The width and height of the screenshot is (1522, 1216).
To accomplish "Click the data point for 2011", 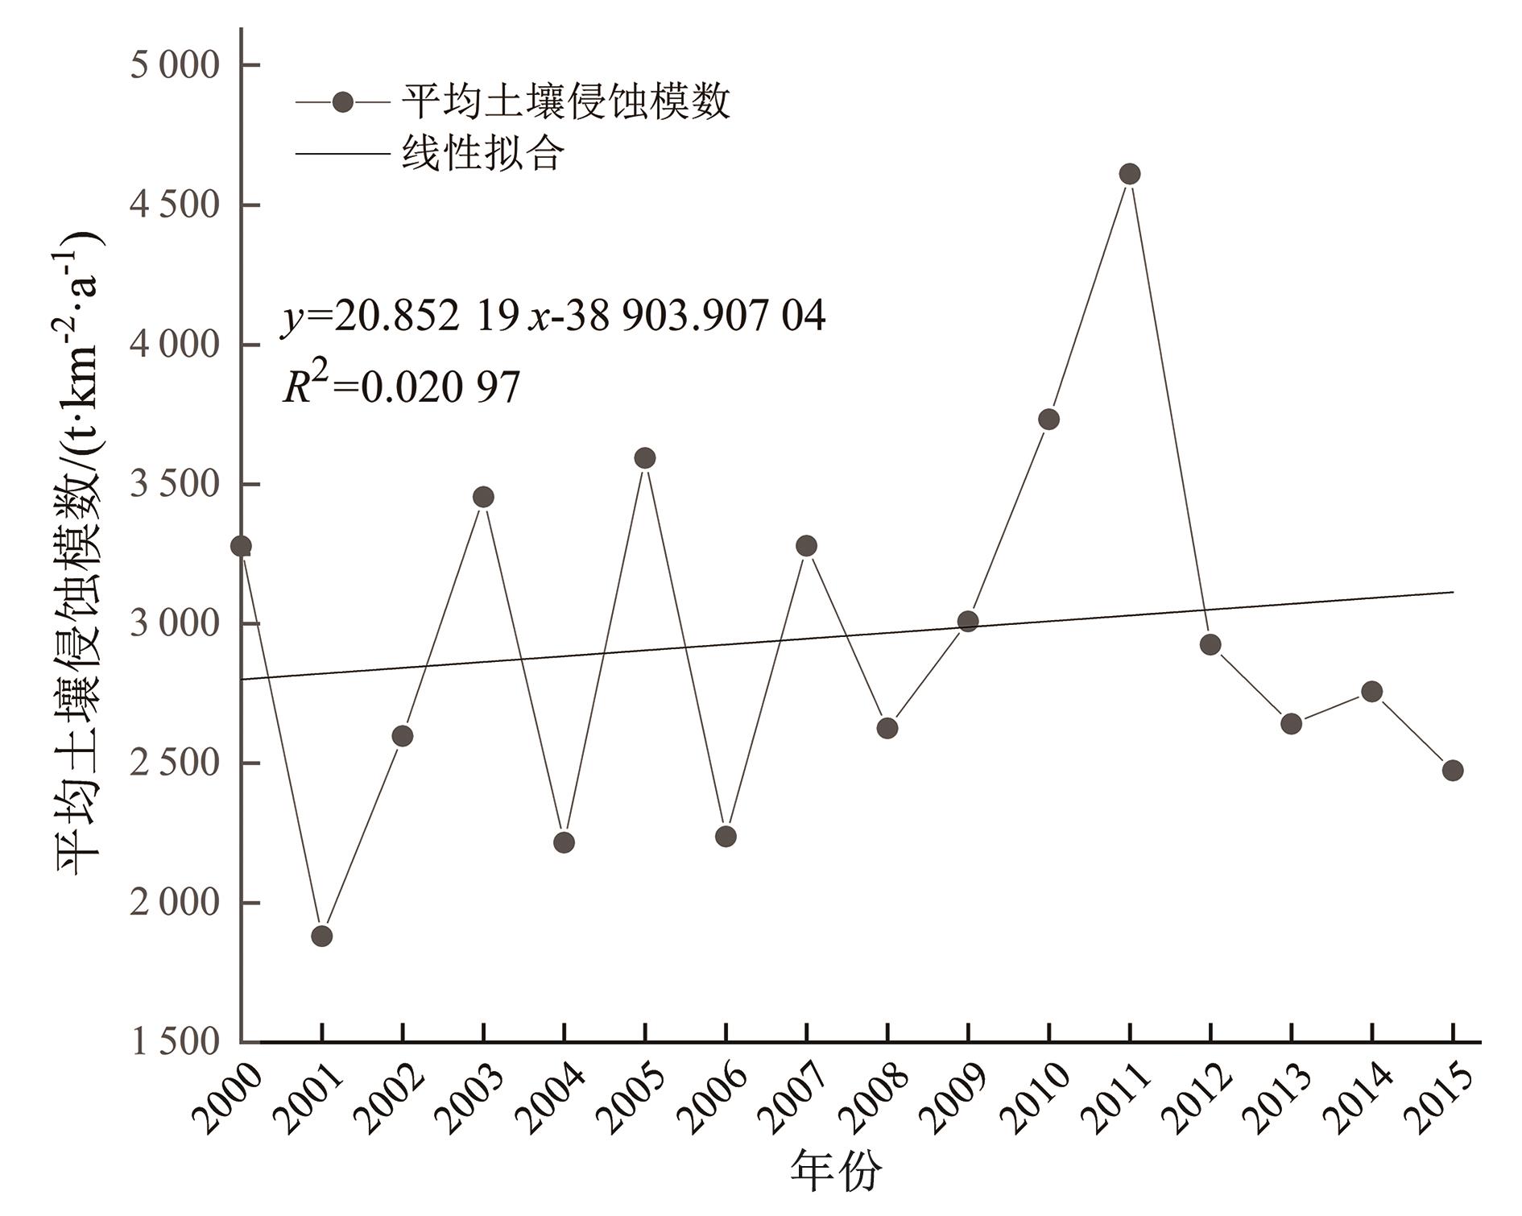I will pyautogui.click(x=1130, y=174).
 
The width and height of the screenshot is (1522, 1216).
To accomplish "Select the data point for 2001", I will pyautogui.click(x=321, y=936).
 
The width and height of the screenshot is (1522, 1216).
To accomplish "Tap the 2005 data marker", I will pyautogui.click(x=645, y=458).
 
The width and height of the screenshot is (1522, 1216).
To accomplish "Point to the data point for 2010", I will pyautogui.click(x=1048, y=420).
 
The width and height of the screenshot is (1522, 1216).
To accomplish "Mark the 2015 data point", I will pyautogui.click(x=1453, y=771).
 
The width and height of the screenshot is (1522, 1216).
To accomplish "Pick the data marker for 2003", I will pyautogui.click(x=483, y=497).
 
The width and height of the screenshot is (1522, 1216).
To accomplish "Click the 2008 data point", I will pyautogui.click(x=887, y=729).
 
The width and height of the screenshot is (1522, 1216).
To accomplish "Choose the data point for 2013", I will pyautogui.click(x=1291, y=724).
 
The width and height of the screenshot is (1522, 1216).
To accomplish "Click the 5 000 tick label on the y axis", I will pyautogui.click(x=174, y=65).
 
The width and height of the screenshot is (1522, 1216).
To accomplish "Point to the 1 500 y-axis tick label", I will pyautogui.click(x=174, y=1042).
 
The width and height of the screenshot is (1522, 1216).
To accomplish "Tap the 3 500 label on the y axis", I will pyautogui.click(x=174, y=484).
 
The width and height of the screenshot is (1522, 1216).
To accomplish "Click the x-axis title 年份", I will pyautogui.click(x=835, y=1171).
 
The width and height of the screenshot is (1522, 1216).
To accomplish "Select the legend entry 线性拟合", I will pyautogui.click(x=483, y=153).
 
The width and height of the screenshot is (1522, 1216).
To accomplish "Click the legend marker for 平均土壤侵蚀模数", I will pyautogui.click(x=343, y=102).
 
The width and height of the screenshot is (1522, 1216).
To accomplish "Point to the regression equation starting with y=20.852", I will pyautogui.click(x=553, y=316).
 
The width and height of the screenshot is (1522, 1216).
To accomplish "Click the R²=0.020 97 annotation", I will pyautogui.click(x=401, y=387).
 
